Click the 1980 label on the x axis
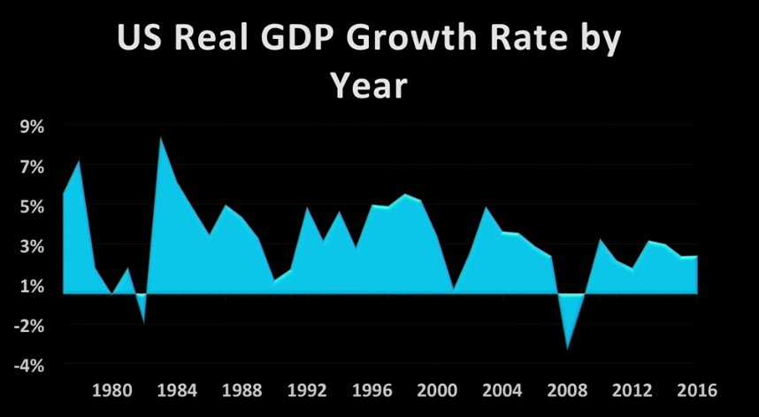113,390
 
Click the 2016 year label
695,390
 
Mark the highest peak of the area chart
160,137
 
